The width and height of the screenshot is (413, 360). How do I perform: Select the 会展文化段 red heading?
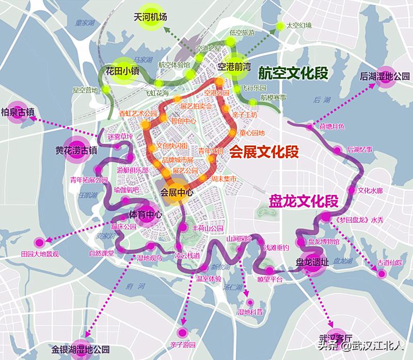click(264, 152)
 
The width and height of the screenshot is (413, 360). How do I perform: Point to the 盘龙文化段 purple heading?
click(303, 201)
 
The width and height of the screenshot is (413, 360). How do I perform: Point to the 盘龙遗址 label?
click(312, 261)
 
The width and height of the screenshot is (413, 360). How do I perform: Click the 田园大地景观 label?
click(40, 254)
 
